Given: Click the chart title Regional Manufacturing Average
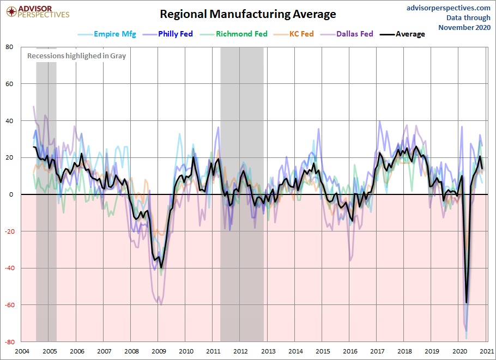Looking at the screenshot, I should [247, 14].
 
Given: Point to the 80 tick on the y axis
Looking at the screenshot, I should [9, 47].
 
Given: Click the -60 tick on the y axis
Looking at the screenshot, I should [8, 305].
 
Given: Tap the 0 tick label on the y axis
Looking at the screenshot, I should [11, 194].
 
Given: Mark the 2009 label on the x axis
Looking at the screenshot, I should [159, 351].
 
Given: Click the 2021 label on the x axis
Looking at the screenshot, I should [487, 351].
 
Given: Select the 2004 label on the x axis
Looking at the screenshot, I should [22, 351].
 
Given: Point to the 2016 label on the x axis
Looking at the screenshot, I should [350, 351].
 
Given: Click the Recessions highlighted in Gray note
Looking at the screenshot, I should [77, 56].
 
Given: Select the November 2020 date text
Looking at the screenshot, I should [464, 27].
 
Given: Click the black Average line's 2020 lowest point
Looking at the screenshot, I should [467, 302].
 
